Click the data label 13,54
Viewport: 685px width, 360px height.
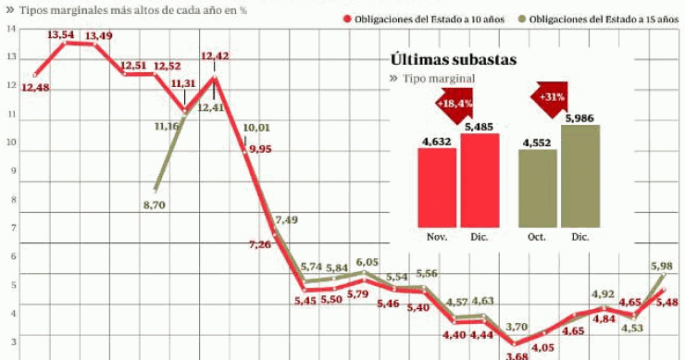60,34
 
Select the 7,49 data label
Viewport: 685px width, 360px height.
286,219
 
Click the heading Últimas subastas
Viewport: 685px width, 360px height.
453,60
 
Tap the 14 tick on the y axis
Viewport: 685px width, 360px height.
10,28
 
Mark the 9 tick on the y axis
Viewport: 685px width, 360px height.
10,171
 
